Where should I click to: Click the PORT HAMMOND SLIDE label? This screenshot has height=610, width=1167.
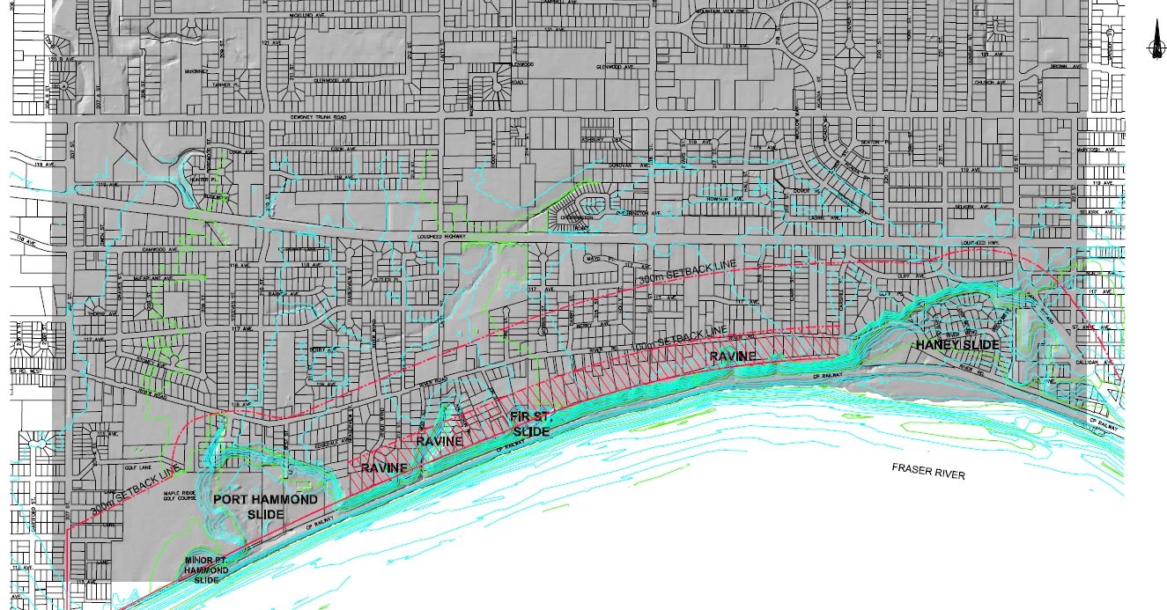(265, 506)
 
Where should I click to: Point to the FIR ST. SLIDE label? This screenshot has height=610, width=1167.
(530, 423)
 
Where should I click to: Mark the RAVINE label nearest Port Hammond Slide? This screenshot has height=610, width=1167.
(384, 468)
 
